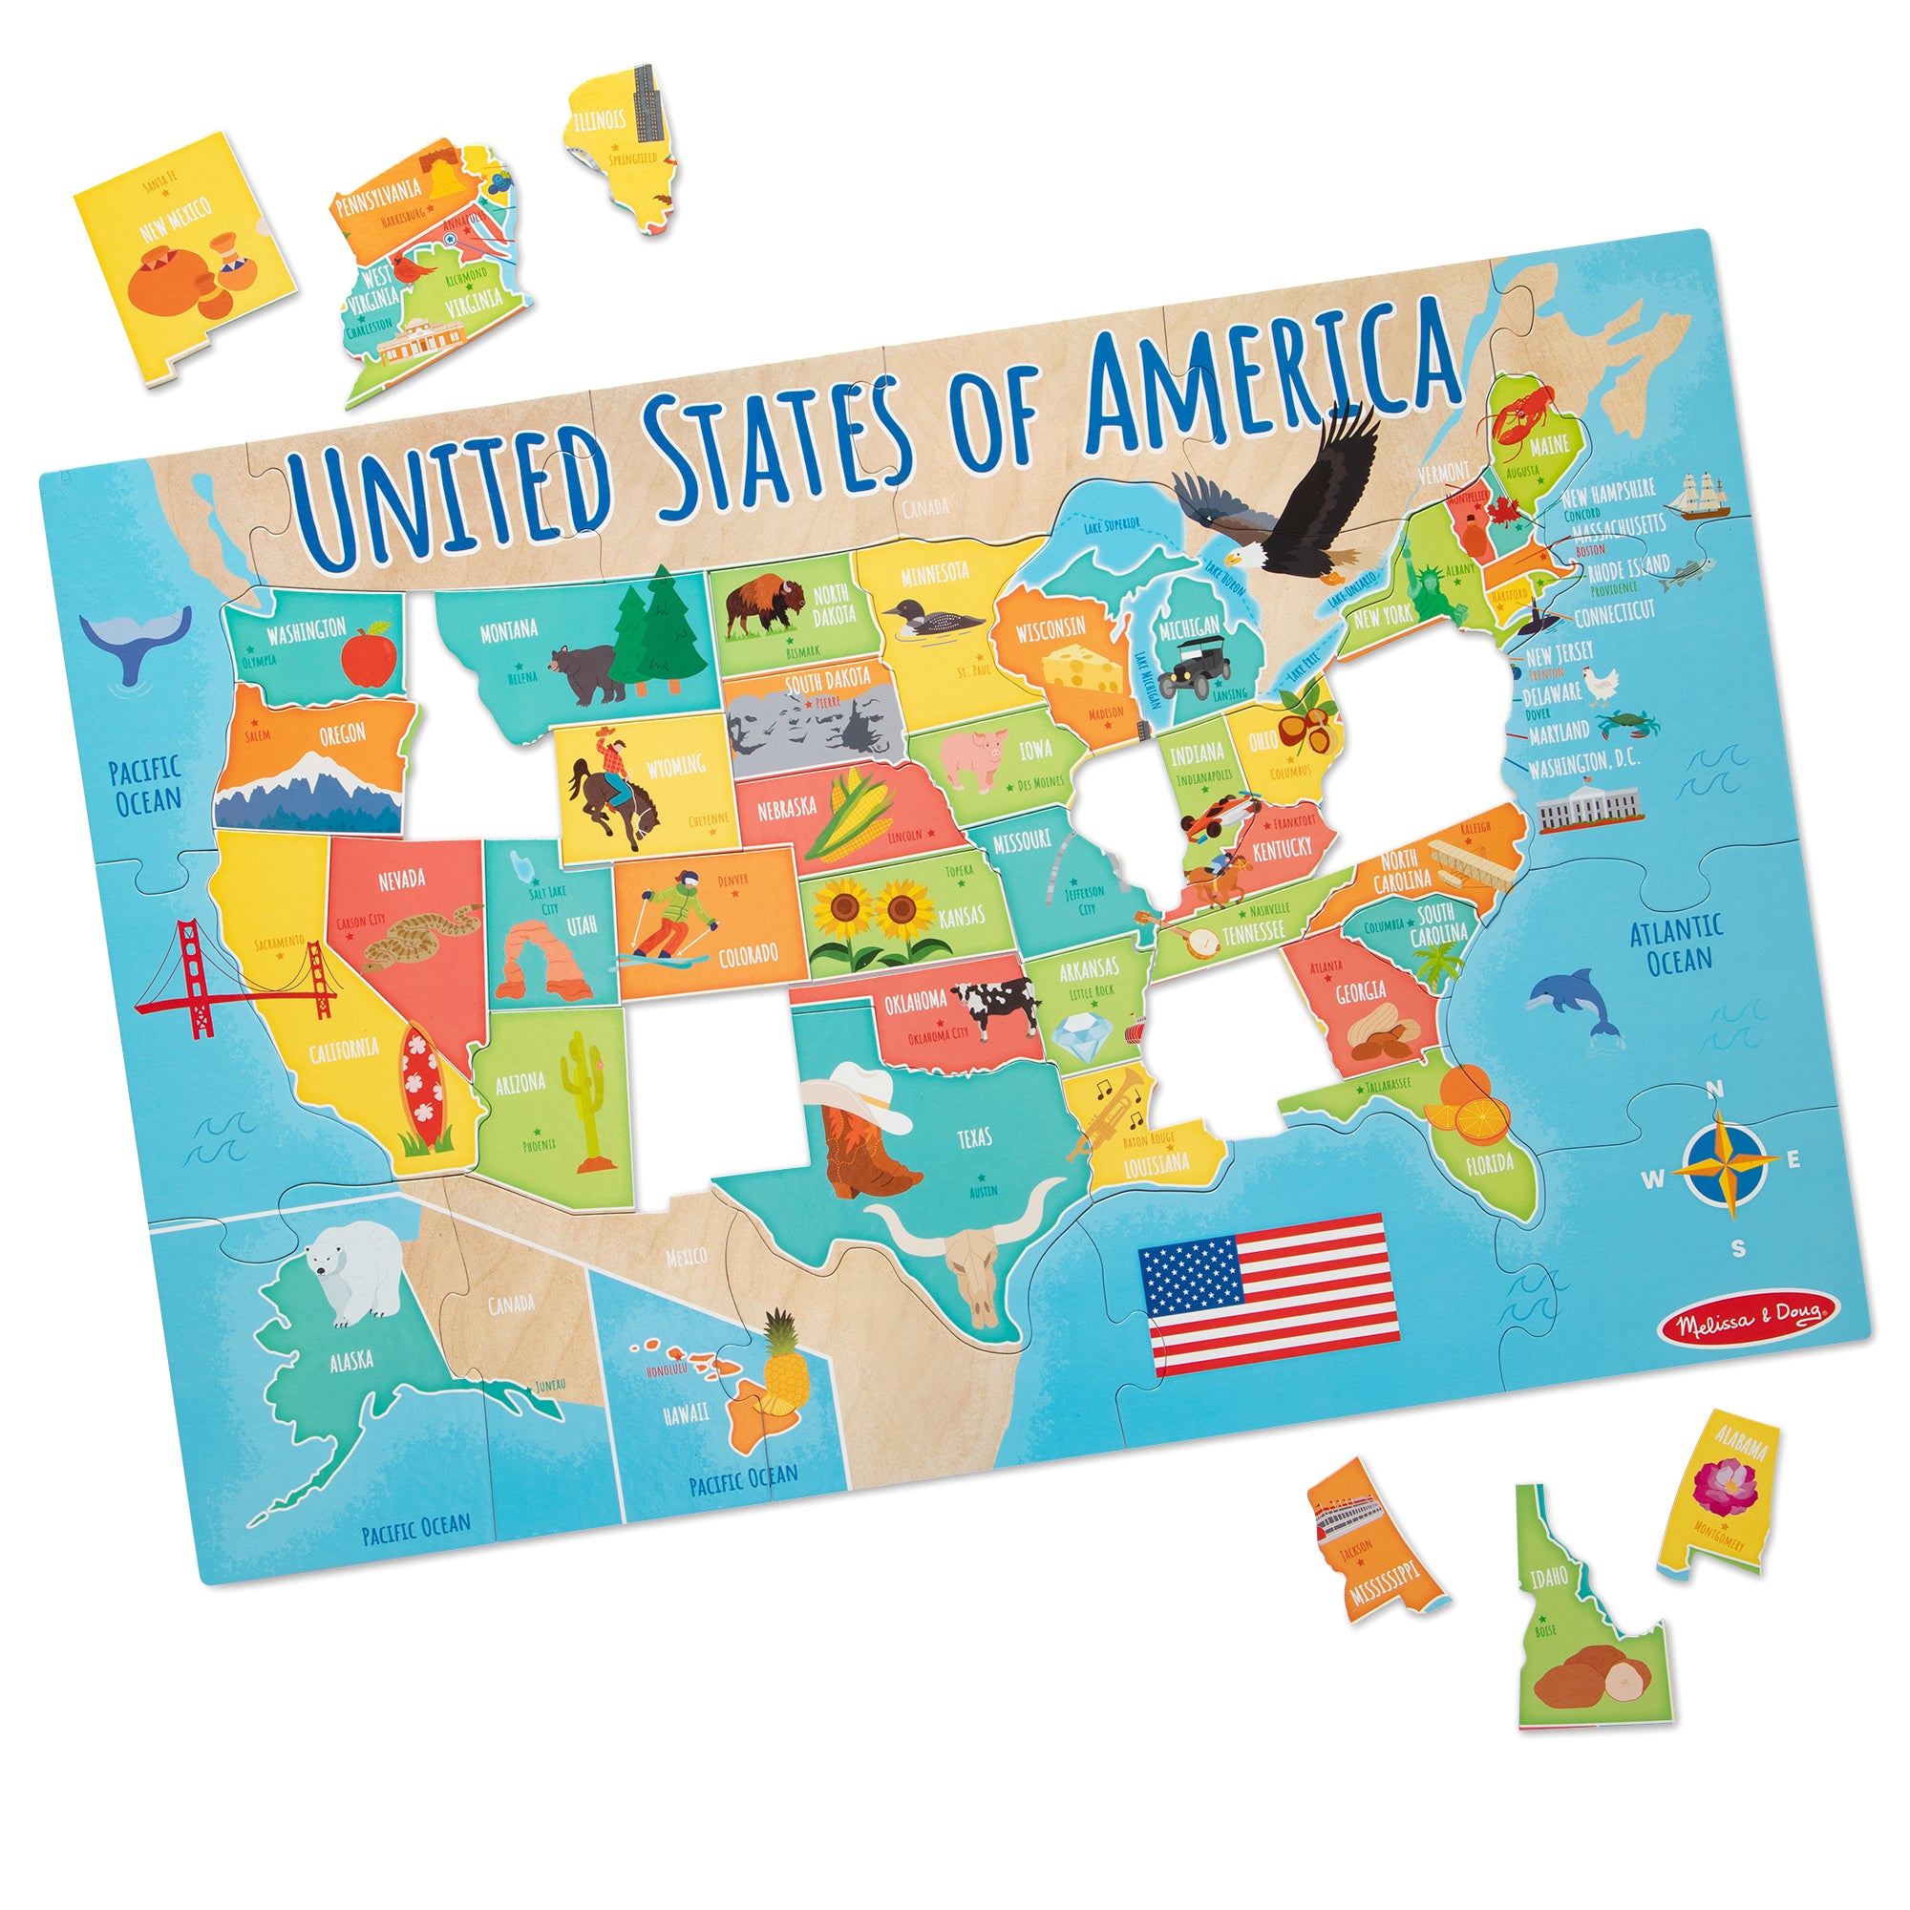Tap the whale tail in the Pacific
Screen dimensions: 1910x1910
[136, 643]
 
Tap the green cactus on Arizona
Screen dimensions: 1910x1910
[582, 1098]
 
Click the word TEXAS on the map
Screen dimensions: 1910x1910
[974, 1138]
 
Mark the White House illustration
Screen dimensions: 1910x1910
[1589, 806]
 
